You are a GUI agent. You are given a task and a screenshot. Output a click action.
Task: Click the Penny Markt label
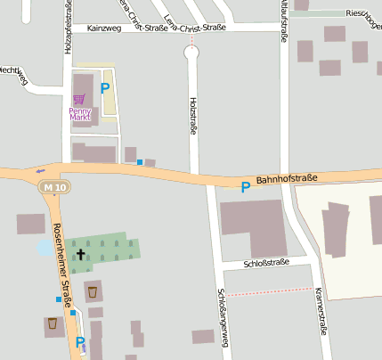(80, 114)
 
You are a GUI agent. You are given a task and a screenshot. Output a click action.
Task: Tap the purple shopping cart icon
(80, 98)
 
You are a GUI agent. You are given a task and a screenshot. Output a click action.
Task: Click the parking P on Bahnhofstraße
(245, 186)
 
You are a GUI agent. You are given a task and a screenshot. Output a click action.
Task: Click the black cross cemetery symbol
(80, 254)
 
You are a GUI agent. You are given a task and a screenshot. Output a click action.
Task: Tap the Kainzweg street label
(105, 29)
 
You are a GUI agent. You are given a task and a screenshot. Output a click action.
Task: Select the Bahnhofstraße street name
(287, 180)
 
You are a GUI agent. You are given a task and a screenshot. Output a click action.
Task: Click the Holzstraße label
(192, 119)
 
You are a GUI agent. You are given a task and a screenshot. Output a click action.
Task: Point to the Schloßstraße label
(267, 263)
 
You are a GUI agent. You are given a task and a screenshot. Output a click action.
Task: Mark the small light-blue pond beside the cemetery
(45, 248)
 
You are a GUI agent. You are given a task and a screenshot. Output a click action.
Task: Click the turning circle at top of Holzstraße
(191, 53)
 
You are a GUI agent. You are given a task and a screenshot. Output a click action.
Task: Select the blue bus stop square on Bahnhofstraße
(139, 161)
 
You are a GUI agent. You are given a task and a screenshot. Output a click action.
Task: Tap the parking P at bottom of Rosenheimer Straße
(80, 342)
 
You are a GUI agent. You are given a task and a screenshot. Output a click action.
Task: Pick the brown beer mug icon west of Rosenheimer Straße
(53, 323)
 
